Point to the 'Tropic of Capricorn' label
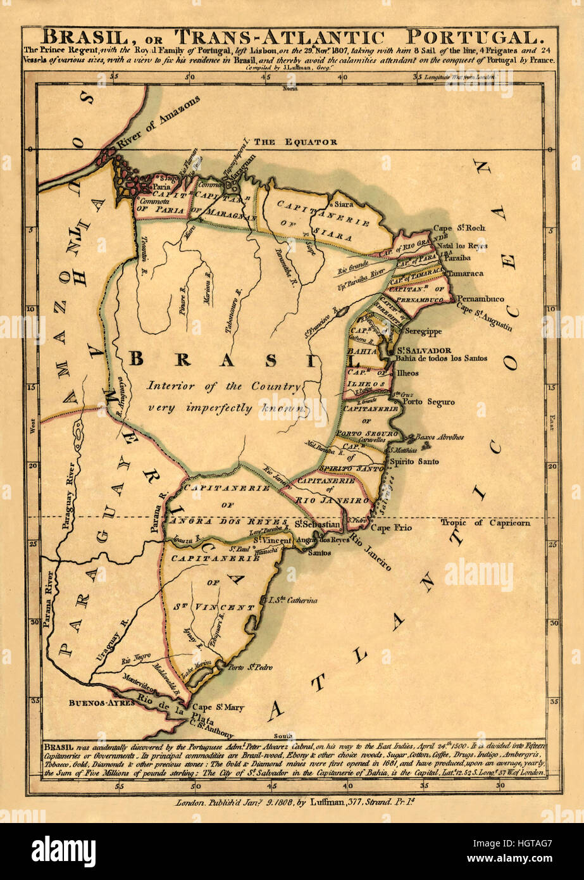pyautogui.click(x=485, y=523)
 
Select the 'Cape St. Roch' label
pyautogui.click(x=459, y=228)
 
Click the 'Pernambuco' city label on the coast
pyautogui.click(x=480, y=298)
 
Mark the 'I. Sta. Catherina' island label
pyautogui.click(x=292, y=599)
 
